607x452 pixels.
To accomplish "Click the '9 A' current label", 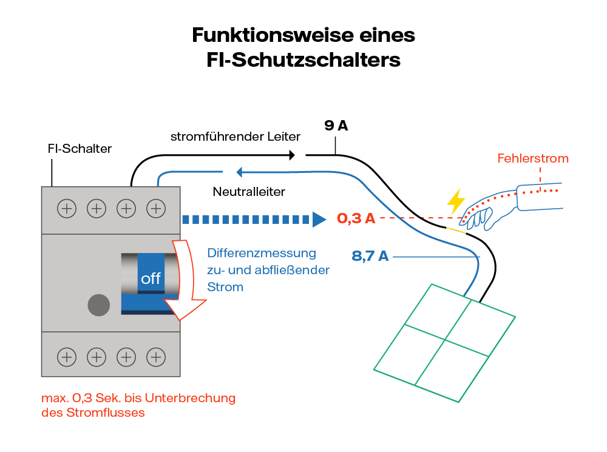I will [336, 126].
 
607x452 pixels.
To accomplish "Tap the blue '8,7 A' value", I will [370, 256].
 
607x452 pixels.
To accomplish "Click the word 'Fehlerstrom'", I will [532, 159].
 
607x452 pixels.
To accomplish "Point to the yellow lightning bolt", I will [455, 201].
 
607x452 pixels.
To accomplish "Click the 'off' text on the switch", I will [151, 278].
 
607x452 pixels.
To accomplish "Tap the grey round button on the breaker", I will [99, 305].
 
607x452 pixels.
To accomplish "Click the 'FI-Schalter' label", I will [80, 149].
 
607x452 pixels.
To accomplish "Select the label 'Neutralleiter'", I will [249, 192].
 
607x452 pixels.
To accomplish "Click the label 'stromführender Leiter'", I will [236, 137].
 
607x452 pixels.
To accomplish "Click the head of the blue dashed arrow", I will [319, 219].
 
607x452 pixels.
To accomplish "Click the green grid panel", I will [445, 343].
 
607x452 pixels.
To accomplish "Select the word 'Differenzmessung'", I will [262, 253].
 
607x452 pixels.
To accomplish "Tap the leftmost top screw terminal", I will [67, 209].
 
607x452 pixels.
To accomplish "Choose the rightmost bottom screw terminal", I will [156, 357].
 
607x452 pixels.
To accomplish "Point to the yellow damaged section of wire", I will [456, 231].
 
